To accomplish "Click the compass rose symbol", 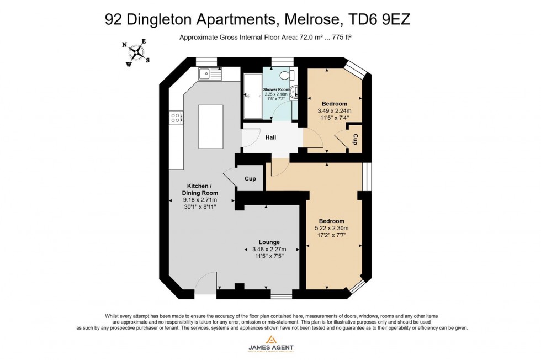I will pyautogui.click(x=135, y=52).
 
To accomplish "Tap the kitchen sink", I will pyautogui.click(x=210, y=73).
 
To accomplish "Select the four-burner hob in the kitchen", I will pyautogui.click(x=176, y=117).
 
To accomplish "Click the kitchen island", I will pyautogui.click(x=210, y=126).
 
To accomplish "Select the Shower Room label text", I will pyautogui.click(x=276, y=89).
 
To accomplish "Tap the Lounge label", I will pyautogui.click(x=269, y=242).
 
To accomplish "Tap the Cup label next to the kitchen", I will pyautogui.click(x=250, y=179).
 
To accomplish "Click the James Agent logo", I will pyautogui.click(x=270, y=343).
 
